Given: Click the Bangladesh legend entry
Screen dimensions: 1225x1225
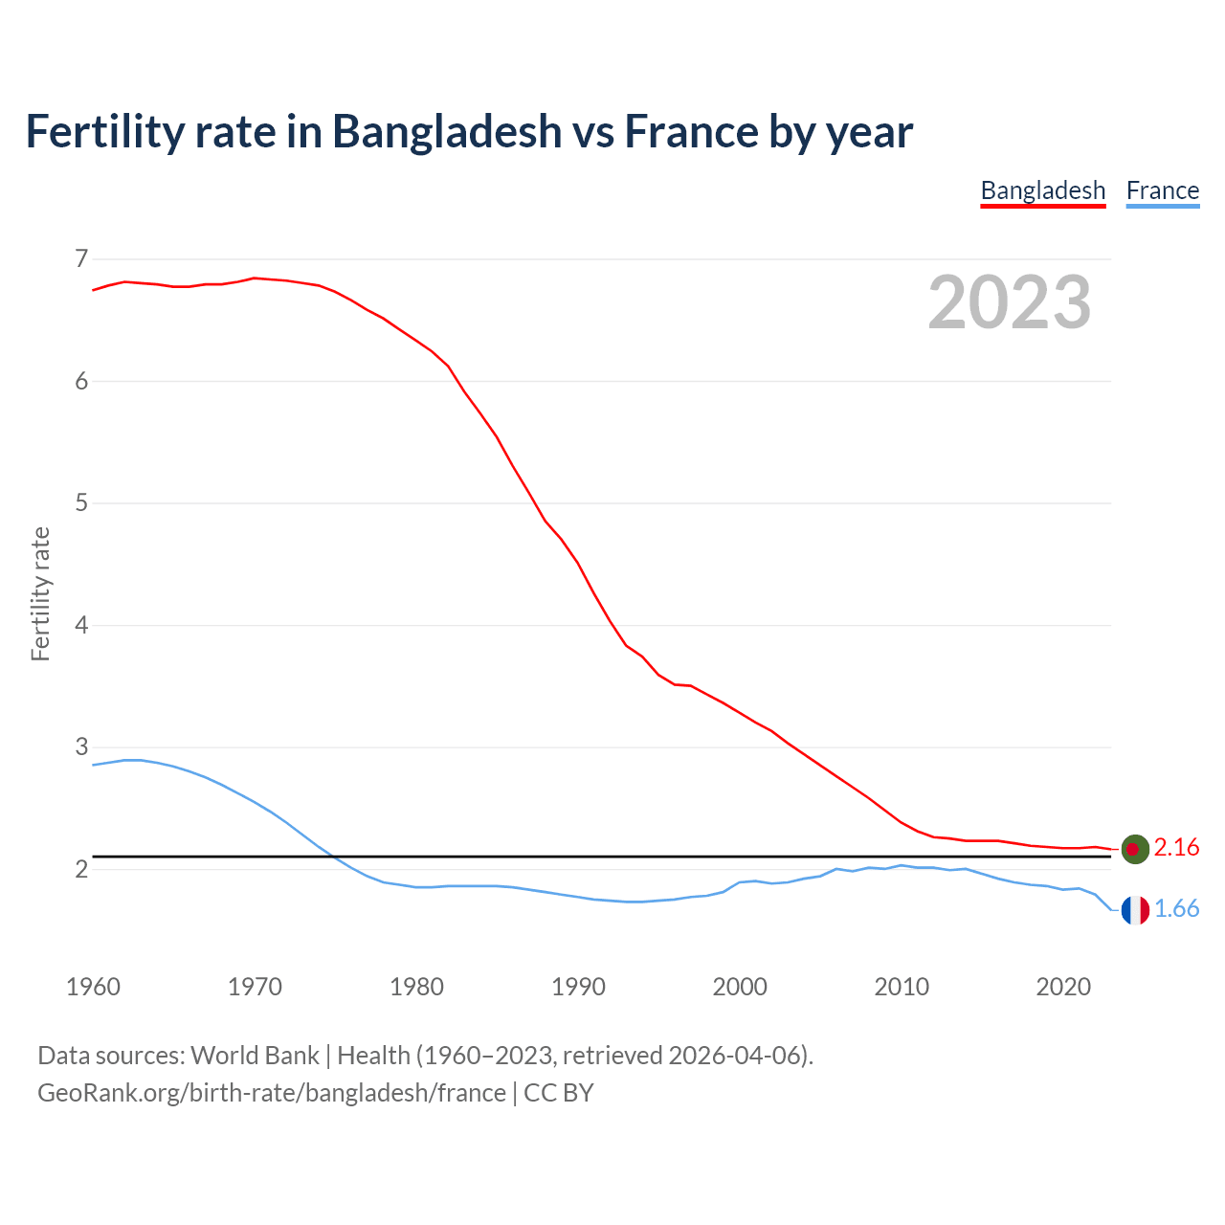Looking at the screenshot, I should [x=1043, y=190].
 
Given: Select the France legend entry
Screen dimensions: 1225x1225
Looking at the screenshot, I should [x=1162, y=190].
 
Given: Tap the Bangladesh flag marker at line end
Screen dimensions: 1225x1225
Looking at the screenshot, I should [x=1134, y=849].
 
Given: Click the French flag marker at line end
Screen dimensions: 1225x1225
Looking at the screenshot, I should [x=1134, y=910].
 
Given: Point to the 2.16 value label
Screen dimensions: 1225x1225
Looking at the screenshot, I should [x=1176, y=848].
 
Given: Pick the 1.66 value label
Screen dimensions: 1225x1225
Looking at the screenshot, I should [x=1176, y=909].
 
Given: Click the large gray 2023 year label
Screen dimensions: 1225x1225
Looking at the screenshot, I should [x=1010, y=302].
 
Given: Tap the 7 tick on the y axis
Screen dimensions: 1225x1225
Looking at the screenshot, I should [x=81, y=258].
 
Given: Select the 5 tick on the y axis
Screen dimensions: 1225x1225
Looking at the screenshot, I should [x=81, y=502].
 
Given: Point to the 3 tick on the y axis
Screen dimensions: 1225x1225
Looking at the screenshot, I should [x=81, y=746].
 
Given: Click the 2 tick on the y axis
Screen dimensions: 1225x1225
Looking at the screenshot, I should [x=81, y=869].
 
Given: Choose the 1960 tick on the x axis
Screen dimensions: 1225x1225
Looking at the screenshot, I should [x=93, y=987].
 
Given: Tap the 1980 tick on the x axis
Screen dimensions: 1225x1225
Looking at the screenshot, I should [x=416, y=987].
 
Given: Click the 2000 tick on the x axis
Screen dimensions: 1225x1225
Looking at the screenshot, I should [x=740, y=987].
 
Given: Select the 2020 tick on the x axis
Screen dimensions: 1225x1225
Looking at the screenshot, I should [x=1063, y=987].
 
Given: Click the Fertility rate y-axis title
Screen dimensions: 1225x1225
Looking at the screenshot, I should [x=40, y=593].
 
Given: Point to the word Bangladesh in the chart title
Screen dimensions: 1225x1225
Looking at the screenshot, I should [x=447, y=131].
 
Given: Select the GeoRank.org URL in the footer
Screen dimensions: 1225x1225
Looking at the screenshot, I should [x=272, y=1093].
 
